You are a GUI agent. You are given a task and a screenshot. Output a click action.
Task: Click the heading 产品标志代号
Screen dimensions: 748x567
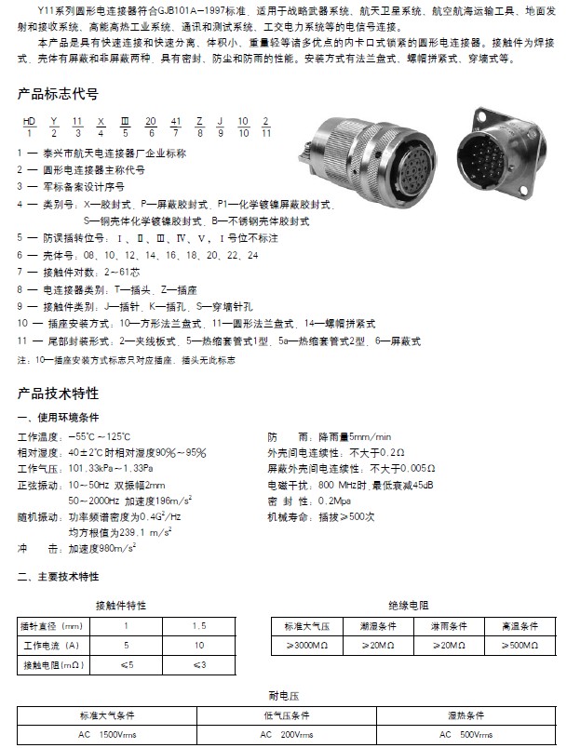(58, 95)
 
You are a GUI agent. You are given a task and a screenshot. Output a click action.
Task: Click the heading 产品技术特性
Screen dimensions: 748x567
(58, 393)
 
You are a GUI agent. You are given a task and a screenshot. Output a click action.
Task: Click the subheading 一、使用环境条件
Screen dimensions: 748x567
(58, 418)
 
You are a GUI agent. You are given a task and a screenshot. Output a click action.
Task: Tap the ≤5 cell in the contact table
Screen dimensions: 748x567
(127, 664)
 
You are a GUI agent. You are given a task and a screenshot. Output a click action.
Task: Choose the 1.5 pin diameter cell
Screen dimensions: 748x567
(198, 626)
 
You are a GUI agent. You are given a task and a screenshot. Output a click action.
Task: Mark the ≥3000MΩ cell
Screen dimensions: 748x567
(306, 645)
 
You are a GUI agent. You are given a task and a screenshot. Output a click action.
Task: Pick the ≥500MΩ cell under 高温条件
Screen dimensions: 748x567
(519, 645)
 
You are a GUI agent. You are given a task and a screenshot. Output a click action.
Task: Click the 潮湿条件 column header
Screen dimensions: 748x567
(377, 626)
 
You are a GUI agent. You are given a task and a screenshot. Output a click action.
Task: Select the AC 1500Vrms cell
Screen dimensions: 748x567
(108, 735)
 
